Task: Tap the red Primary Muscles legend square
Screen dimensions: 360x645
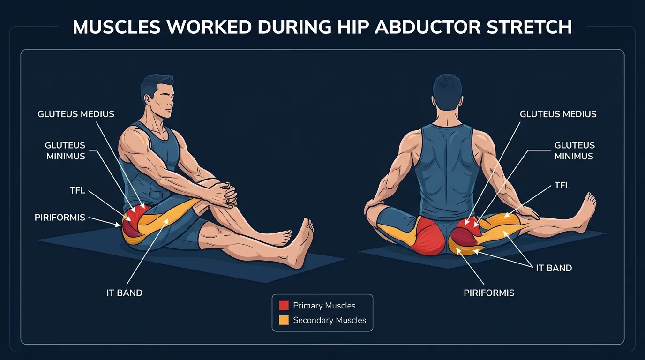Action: [x=284, y=306]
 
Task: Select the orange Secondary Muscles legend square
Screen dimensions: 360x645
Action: [x=284, y=320]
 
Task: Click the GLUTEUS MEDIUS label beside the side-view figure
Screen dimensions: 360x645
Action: [x=76, y=114]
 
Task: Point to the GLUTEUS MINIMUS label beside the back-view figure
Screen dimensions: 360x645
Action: [x=574, y=150]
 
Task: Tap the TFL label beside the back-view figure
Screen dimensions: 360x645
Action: [x=562, y=186]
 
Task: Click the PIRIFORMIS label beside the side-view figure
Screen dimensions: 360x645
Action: [x=60, y=217]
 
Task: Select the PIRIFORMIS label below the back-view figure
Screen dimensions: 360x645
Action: [x=489, y=293]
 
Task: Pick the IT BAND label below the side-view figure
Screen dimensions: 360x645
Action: [x=124, y=293]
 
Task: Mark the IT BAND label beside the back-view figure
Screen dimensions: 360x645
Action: [x=554, y=268]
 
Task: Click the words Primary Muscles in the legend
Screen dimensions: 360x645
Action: [x=324, y=306]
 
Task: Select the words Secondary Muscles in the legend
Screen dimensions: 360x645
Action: [x=329, y=320]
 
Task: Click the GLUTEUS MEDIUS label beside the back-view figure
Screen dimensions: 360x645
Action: [x=558, y=114]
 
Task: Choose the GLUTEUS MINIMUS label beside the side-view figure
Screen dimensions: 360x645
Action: [x=66, y=150]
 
